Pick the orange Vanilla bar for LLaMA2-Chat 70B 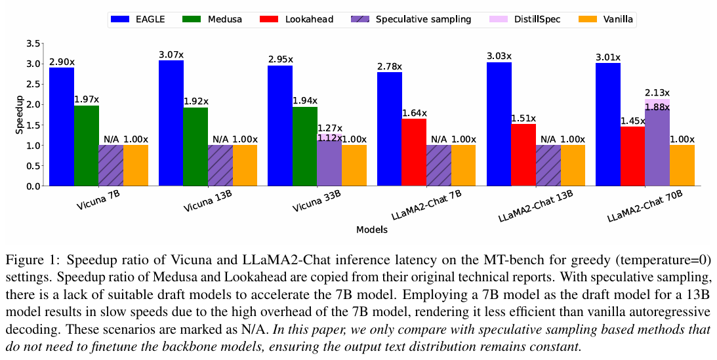click(682, 165)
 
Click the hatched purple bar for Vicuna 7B click(111, 165)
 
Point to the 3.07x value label click(171, 53)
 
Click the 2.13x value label click(657, 92)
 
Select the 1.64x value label click(415, 111)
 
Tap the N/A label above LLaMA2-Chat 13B click(548, 139)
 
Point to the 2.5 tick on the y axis click(33, 84)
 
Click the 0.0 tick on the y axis click(33, 186)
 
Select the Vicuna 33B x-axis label click(317, 203)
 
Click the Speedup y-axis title click(19, 115)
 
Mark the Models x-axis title click(371, 230)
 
